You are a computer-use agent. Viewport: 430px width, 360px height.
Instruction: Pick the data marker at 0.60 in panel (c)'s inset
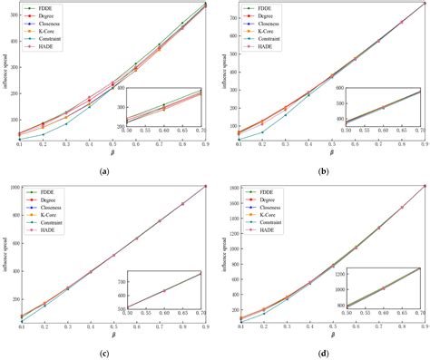pyautogui.click(x=166, y=290)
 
